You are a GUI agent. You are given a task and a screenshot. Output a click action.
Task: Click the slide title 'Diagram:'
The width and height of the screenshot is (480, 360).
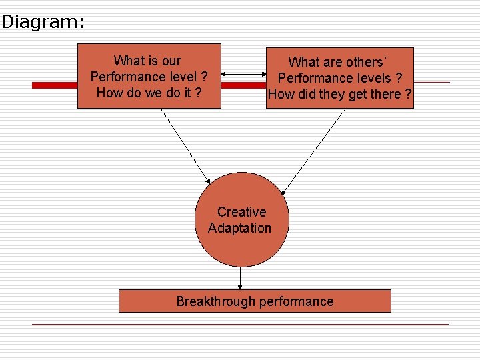(x=43, y=22)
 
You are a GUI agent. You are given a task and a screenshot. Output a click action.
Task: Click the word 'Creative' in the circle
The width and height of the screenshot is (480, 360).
(x=241, y=212)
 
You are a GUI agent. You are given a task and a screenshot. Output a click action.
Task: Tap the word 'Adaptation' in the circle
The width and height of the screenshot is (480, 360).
(x=239, y=228)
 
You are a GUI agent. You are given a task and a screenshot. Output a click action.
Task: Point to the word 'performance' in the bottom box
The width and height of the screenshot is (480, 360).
(x=296, y=301)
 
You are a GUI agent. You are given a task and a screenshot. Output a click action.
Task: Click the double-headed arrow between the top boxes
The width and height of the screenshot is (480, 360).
(x=243, y=75)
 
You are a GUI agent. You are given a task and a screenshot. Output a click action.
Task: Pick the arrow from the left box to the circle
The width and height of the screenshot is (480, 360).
(x=185, y=146)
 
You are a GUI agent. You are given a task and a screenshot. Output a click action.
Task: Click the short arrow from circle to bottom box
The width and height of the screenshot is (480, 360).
(x=240, y=278)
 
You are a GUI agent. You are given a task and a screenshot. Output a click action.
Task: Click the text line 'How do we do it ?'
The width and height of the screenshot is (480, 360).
(x=149, y=93)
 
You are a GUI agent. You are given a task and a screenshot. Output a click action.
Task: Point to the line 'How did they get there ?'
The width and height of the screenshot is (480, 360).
(x=339, y=95)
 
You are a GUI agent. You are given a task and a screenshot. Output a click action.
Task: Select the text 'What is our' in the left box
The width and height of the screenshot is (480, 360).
(x=147, y=61)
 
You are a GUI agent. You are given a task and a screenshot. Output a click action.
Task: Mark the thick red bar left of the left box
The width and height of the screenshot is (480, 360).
(x=55, y=85)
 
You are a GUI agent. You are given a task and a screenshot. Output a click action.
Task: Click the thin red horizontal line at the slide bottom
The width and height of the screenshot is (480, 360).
(x=240, y=325)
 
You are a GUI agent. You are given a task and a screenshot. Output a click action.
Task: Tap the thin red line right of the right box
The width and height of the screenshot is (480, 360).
(x=431, y=82)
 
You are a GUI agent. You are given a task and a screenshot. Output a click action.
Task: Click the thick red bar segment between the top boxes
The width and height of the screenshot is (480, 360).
(x=243, y=85)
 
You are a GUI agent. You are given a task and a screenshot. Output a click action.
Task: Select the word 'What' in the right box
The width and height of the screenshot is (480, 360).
(x=303, y=63)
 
